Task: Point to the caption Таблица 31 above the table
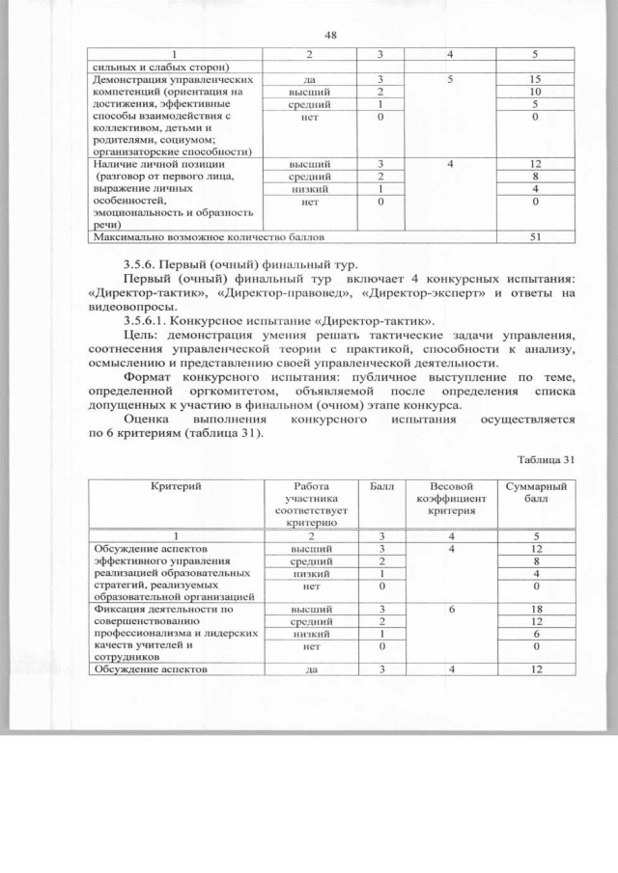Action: pos(546,458)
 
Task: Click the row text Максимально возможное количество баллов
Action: pos(208,235)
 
